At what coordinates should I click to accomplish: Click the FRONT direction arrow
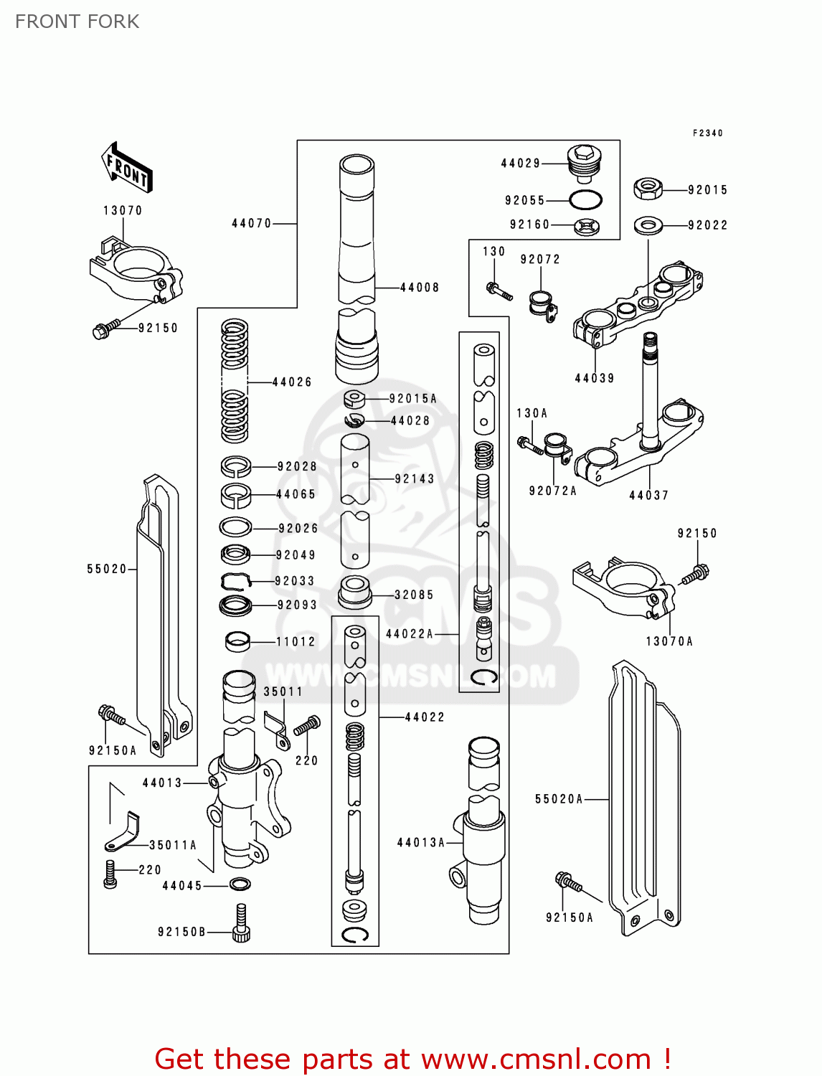[126, 167]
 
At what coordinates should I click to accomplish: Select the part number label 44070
[251, 224]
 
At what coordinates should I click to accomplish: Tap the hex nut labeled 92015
[648, 189]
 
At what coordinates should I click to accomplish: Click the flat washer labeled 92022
[648, 225]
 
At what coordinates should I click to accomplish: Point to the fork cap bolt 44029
[584, 163]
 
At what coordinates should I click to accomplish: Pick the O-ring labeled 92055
[585, 199]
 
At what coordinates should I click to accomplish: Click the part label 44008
[419, 288]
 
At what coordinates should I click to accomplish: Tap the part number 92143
[415, 478]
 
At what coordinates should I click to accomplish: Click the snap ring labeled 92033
[235, 581]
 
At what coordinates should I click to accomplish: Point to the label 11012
[296, 641]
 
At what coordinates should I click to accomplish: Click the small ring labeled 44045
[240, 884]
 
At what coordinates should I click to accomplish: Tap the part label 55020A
[559, 799]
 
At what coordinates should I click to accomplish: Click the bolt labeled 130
[499, 291]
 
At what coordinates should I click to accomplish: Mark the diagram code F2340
[707, 133]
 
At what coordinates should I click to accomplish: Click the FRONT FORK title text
[77, 22]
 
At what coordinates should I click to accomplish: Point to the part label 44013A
[420, 843]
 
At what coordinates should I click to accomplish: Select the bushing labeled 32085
[354, 592]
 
